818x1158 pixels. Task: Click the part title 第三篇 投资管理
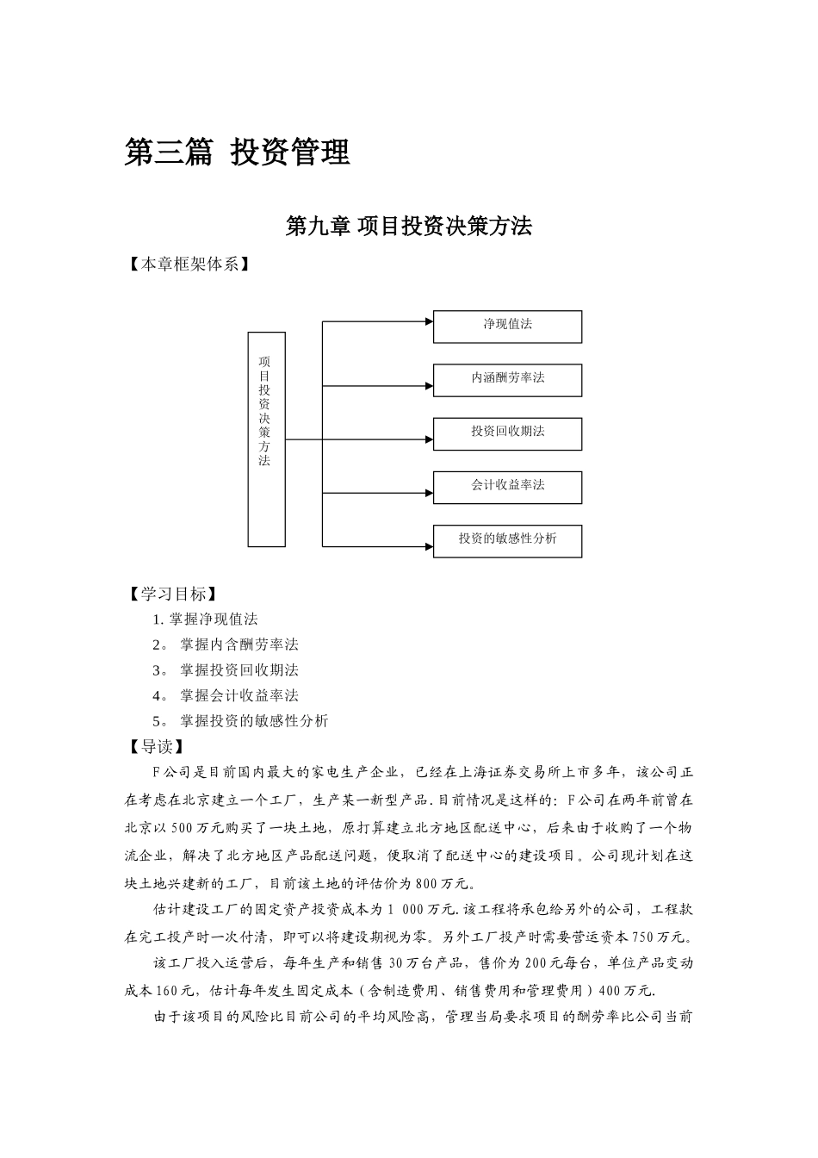point(238,153)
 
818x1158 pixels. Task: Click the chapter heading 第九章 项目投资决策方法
point(408,226)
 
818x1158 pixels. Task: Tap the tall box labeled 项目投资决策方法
point(266,439)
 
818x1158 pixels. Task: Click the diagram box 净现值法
point(507,326)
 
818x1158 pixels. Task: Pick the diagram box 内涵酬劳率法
point(507,379)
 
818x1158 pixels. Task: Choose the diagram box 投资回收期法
point(507,433)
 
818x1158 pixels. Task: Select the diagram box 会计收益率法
point(507,486)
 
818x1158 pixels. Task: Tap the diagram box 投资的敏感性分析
point(507,539)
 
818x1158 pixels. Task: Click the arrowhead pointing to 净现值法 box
point(428,322)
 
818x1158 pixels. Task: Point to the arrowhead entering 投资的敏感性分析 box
point(428,545)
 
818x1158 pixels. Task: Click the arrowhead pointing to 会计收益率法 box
point(428,493)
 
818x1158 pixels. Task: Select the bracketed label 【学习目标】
point(171,594)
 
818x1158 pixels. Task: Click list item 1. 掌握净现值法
point(205,619)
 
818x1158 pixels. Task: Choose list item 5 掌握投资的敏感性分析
point(240,720)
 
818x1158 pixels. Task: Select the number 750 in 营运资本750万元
point(645,937)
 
